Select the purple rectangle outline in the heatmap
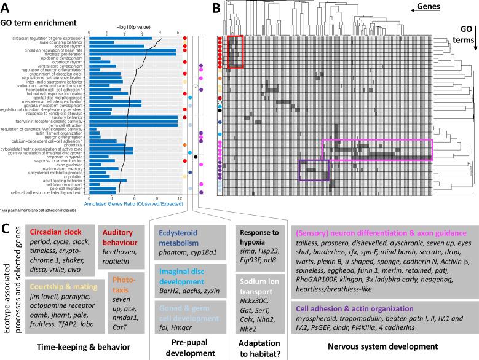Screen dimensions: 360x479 pos(314,170)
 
